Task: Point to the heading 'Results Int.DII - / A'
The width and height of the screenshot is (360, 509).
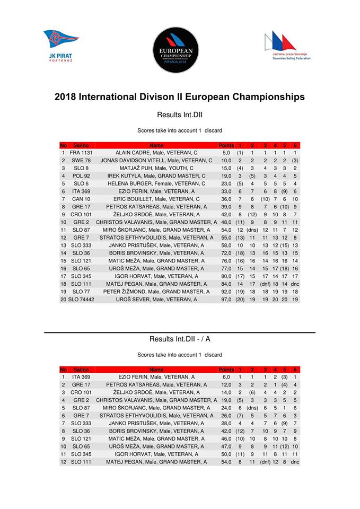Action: (180, 339)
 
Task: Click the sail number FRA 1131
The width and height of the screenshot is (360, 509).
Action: (81, 153)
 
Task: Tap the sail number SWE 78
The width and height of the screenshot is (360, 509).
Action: (81, 161)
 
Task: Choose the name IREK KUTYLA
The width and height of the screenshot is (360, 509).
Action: (156, 176)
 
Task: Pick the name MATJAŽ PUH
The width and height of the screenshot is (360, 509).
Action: (156, 168)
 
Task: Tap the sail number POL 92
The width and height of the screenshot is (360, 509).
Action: (81, 176)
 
